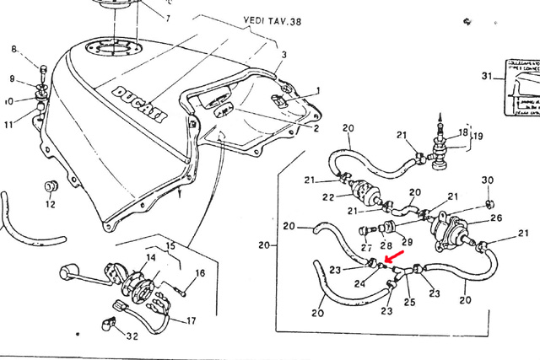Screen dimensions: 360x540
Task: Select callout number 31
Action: point(486,77)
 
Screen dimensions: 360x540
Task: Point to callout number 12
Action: point(51,204)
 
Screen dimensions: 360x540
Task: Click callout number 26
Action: point(496,218)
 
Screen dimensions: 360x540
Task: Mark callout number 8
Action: point(13,49)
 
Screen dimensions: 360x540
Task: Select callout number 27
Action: point(365,247)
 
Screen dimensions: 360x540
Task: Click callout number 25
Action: point(410,302)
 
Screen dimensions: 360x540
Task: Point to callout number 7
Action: point(166,17)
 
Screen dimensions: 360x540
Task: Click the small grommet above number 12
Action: point(51,184)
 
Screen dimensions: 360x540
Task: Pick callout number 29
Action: point(407,243)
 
